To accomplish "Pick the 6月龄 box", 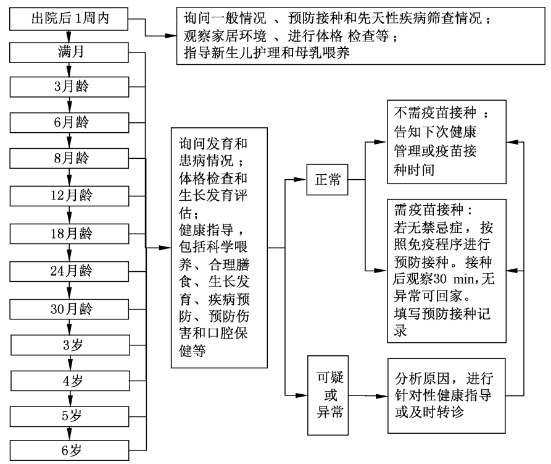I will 68,122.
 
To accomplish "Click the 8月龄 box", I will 68,158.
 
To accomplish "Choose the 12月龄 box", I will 68,196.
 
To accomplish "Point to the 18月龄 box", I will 68,234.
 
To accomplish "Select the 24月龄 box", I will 68,271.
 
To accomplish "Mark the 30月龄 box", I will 68,308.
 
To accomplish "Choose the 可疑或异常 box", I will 327,394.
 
